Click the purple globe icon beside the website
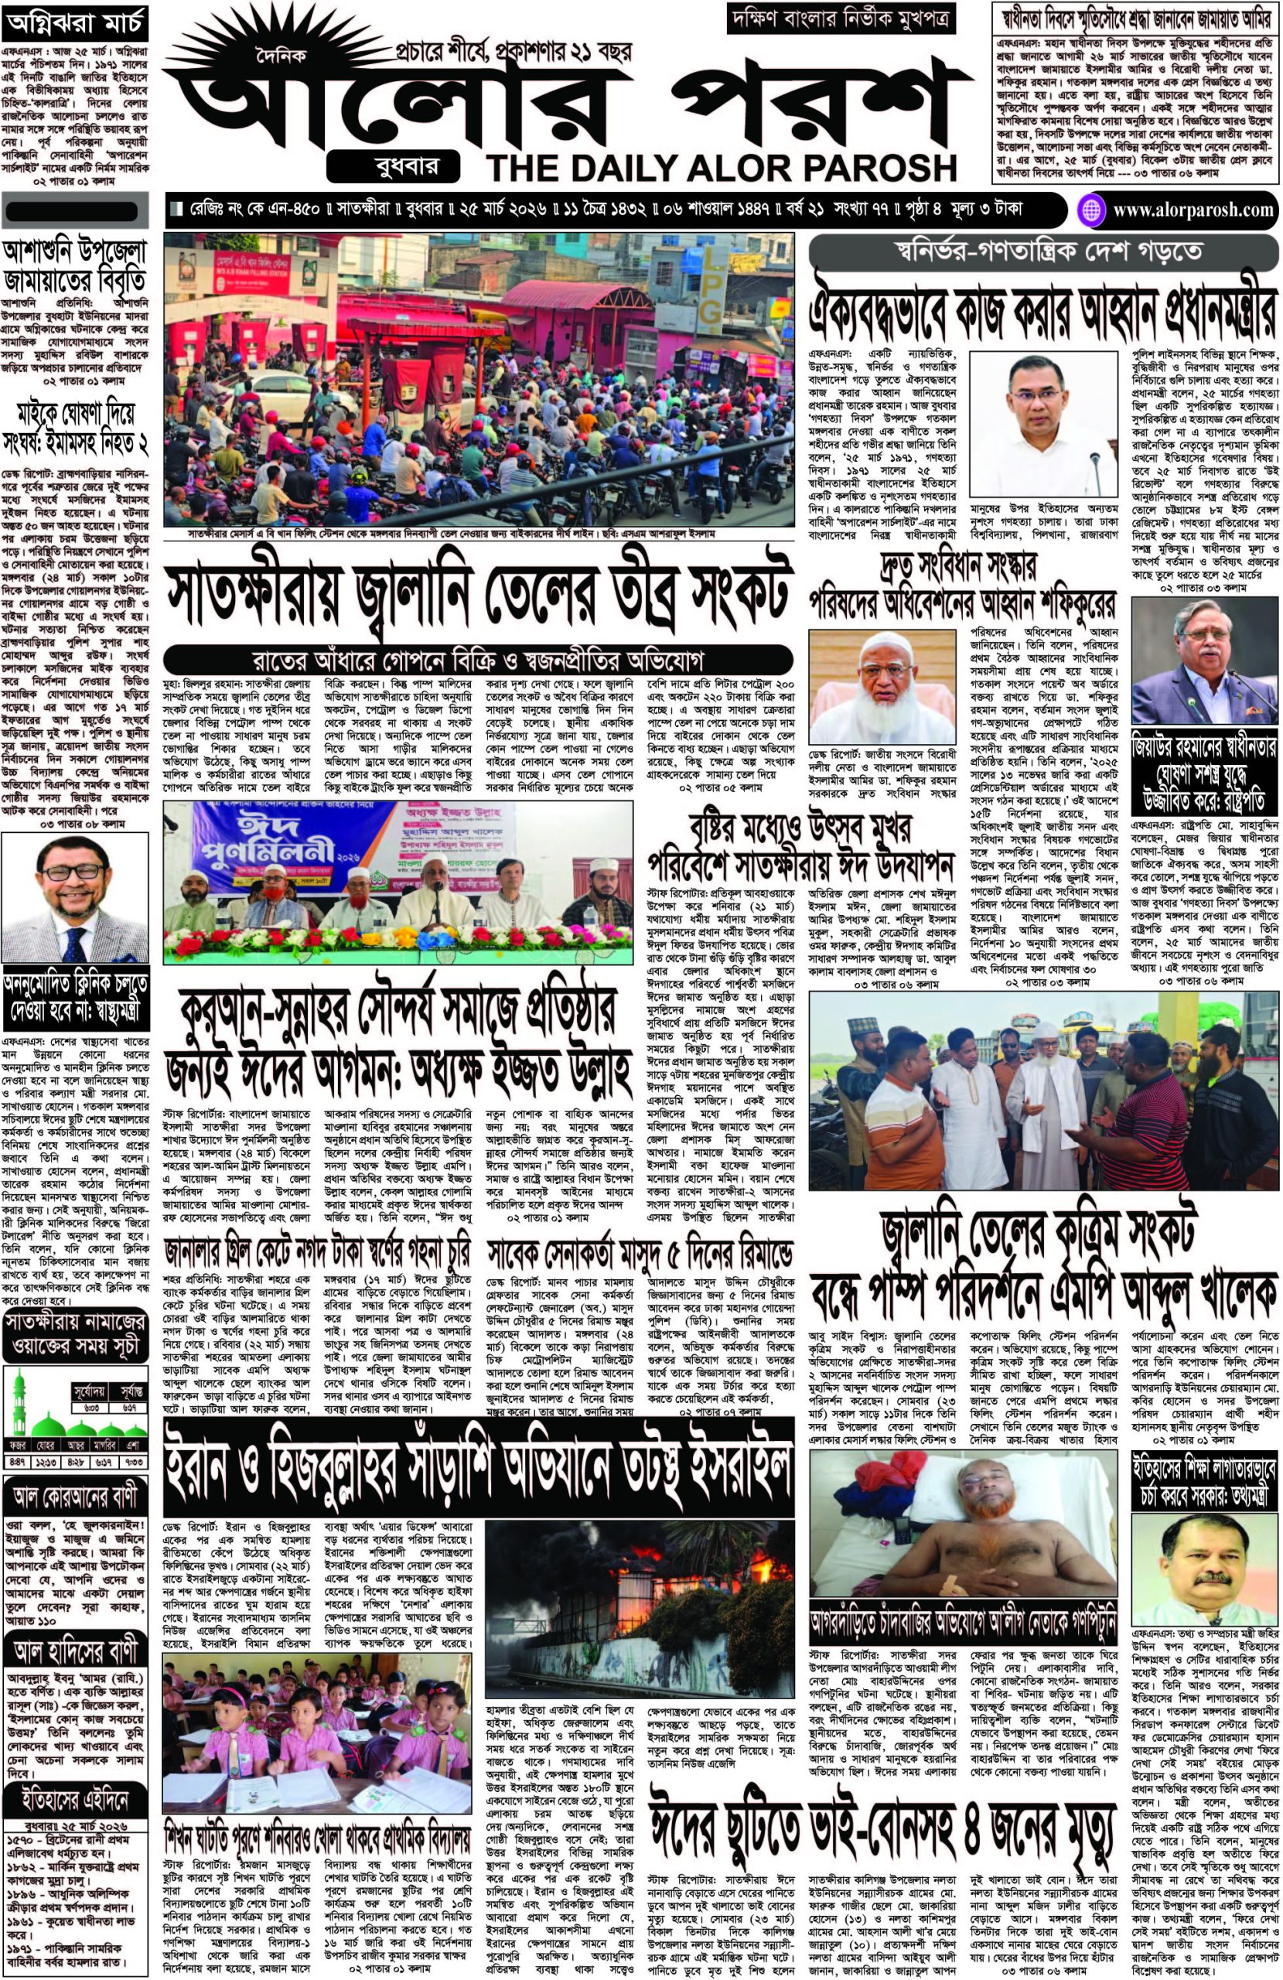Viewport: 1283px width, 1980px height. tap(1090, 210)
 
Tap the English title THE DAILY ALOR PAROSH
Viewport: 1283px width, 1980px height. tap(722, 167)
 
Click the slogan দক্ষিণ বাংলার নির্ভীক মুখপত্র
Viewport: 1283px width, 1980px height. tap(841, 19)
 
